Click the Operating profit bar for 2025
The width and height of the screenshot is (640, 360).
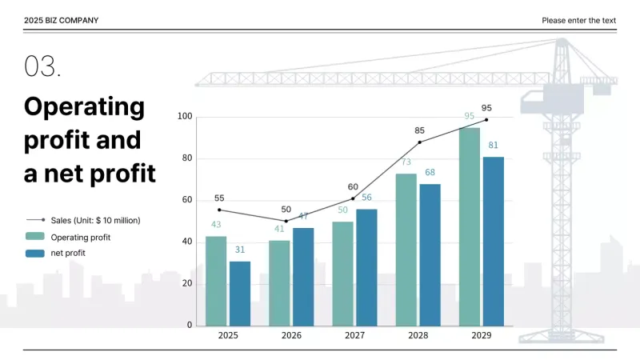point(216,281)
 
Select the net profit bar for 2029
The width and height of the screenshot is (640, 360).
point(494,241)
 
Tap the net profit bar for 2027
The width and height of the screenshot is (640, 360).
point(366,267)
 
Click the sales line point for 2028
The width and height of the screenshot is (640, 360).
point(419,142)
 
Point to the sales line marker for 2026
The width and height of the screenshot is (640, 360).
point(286,221)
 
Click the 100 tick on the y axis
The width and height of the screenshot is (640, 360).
point(184,117)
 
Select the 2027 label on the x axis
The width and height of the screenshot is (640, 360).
point(354,336)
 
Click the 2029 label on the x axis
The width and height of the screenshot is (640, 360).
point(482,336)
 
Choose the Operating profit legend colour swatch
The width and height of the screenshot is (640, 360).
point(35,237)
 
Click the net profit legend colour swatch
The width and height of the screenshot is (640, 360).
point(35,253)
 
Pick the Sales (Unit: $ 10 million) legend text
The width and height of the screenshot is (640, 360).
point(95,220)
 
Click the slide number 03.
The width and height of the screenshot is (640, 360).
point(42,67)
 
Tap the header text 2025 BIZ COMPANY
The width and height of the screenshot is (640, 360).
point(62,21)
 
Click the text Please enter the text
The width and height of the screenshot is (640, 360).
point(578,21)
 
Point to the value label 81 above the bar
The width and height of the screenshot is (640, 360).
point(494,146)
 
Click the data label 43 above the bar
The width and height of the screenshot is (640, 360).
point(216,225)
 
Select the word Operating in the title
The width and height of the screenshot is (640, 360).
point(84,106)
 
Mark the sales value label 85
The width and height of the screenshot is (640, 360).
point(420,130)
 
